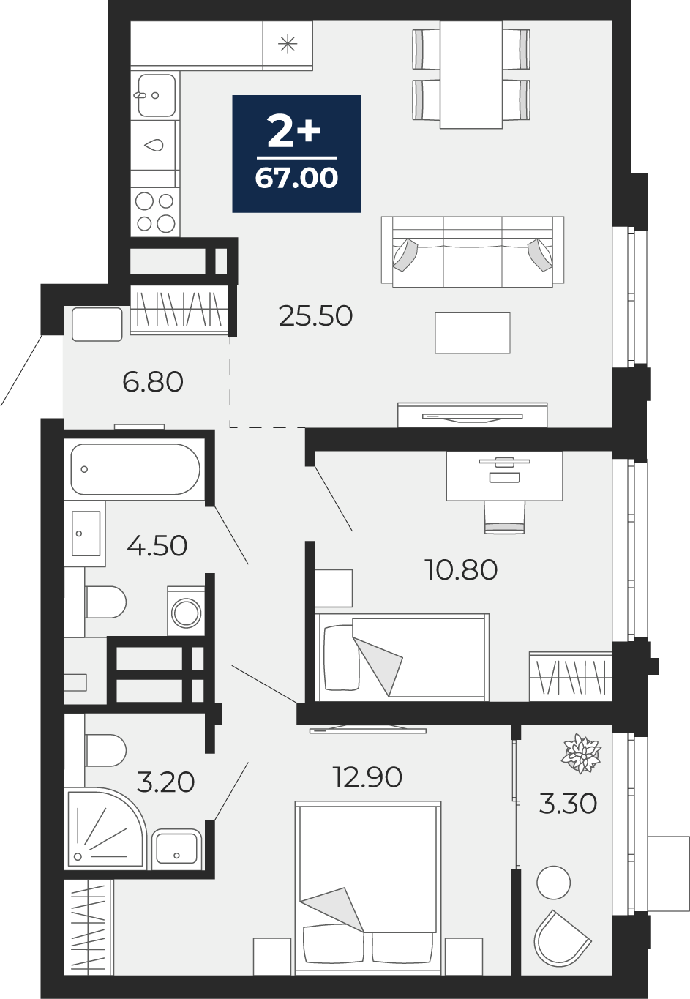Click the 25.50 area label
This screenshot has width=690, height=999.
coord(315,315)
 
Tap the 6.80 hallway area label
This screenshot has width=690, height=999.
coord(152,382)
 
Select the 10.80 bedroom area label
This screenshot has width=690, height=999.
coord(462,570)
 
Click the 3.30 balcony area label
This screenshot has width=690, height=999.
coord(568,803)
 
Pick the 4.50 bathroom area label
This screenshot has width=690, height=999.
coord(157,545)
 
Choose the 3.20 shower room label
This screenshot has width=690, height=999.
coord(165,782)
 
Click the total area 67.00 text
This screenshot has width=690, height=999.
coord(296,178)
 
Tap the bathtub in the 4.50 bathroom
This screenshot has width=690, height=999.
coord(135,469)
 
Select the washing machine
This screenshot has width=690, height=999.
coord(187,611)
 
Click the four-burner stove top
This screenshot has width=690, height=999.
coord(155,212)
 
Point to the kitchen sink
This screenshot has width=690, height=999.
coord(156,95)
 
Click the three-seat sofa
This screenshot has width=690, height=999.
coord(473,252)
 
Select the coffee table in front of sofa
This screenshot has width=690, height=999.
coord(473,333)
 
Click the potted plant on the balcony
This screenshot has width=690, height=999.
coord(582,754)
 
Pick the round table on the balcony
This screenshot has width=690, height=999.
coord(553,883)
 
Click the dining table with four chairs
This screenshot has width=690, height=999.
coord(471,75)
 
